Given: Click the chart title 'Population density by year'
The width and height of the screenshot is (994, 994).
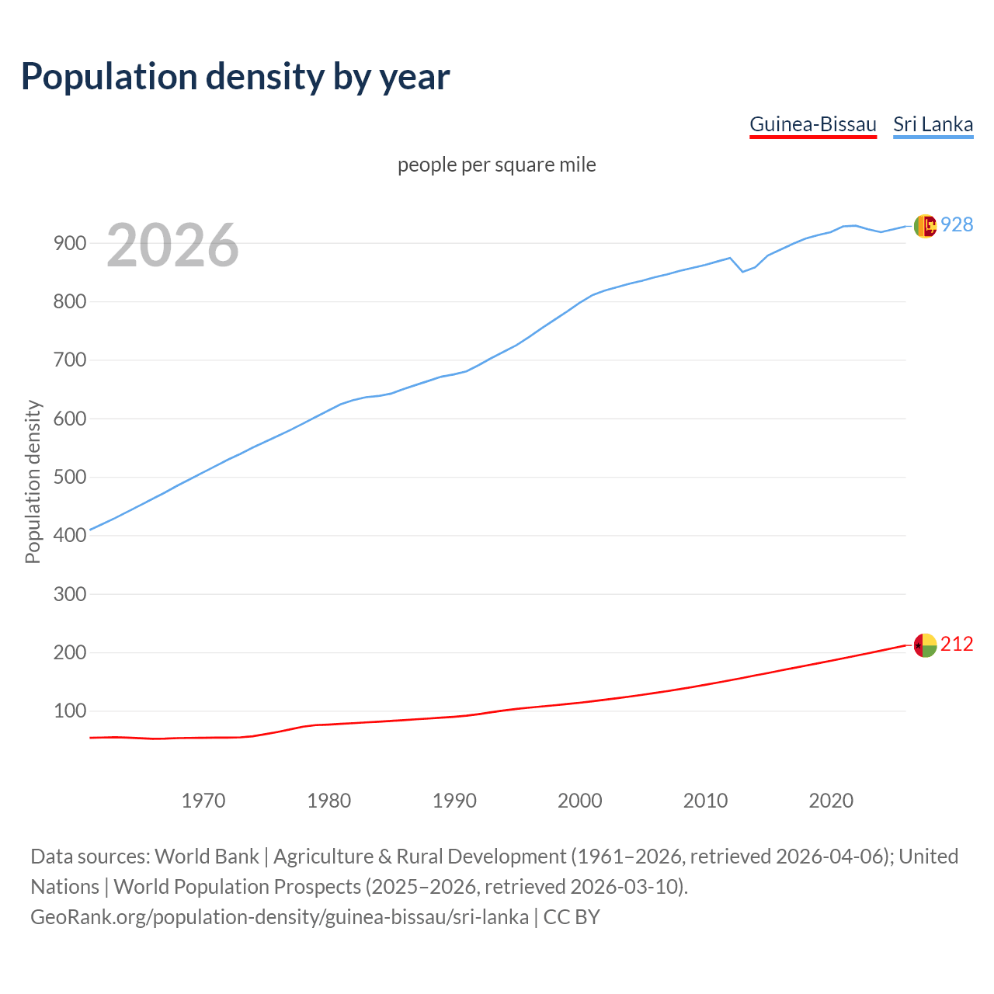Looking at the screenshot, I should click(x=235, y=76).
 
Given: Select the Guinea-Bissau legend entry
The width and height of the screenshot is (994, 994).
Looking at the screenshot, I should click(x=812, y=124).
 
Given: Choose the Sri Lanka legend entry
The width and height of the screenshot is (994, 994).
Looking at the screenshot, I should click(x=933, y=124).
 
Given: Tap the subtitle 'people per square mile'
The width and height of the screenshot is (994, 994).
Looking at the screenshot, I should click(x=497, y=165).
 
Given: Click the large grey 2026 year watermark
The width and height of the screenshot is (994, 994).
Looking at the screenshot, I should click(x=172, y=245).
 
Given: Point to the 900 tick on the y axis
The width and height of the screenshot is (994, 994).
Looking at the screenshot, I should click(x=69, y=243).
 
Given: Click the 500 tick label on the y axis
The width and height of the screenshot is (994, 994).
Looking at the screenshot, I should click(x=69, y=477).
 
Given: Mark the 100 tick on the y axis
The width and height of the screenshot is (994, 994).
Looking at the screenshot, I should click(x=69, y=711).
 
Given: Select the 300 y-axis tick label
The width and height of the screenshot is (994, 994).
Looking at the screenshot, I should click(x=69, y=594).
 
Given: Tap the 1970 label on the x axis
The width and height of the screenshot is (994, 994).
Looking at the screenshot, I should click(x=203, y=800).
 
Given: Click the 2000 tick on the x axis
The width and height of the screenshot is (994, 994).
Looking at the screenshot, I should click(x=580, y=800).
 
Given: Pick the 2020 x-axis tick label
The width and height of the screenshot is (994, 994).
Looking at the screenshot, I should click(x=831, y=800).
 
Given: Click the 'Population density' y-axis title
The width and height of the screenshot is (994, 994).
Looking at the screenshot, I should click(x=33, y=481).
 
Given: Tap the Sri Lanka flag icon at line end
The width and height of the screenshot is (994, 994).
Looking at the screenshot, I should click(x=925, y=226).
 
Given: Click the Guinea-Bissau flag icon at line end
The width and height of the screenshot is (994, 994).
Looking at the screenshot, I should click(x=925, y=645).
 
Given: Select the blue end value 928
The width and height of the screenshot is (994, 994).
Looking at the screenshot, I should click(x=957, y=224).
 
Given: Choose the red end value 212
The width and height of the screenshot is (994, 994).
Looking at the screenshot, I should click(x=957, y=644).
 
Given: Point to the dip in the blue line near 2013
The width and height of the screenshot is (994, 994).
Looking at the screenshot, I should click(x=742, y=271).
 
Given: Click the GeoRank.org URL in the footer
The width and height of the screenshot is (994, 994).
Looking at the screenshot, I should click(x=280, y=916).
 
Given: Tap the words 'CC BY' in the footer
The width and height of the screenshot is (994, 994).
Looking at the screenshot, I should click(x=572, y=916).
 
